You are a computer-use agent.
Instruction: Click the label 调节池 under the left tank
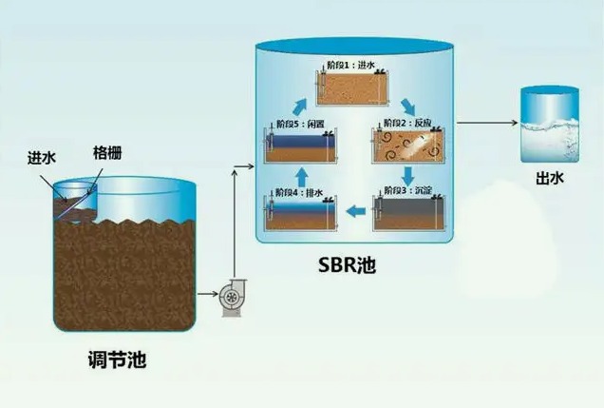tap(115, 361)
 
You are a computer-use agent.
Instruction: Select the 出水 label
tap(548, 177)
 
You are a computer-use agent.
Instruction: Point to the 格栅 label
tap(107, 152)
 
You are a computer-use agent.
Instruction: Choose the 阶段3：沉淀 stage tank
tap(406, 211)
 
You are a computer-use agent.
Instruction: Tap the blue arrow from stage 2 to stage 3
tap(407, 176)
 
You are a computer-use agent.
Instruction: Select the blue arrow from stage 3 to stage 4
tap(354, 211)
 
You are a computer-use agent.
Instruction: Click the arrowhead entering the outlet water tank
tap(512, 124)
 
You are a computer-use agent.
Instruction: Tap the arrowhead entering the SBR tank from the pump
tap(250, 167)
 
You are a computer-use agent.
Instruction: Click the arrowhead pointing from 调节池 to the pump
tap(211, 298)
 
